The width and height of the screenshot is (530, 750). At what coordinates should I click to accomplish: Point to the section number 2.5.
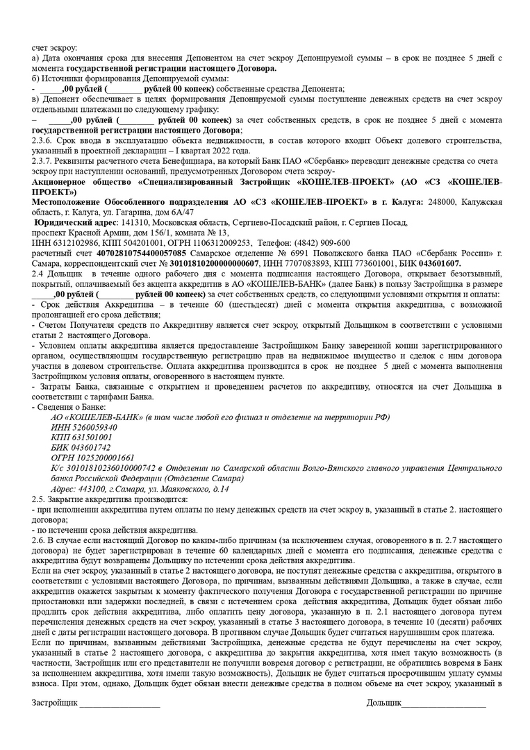click(38, 499)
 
